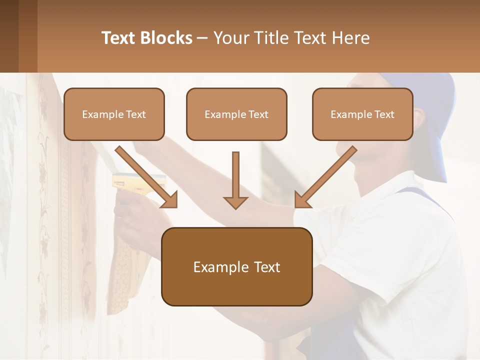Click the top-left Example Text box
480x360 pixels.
coord(114,114)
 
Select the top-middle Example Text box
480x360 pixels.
coord(236,114)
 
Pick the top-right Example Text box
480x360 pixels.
coord(362,114)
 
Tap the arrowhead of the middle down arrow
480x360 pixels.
coord(236,202)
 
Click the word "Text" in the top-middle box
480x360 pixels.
coord(258,114)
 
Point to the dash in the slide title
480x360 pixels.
coord(202,38)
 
